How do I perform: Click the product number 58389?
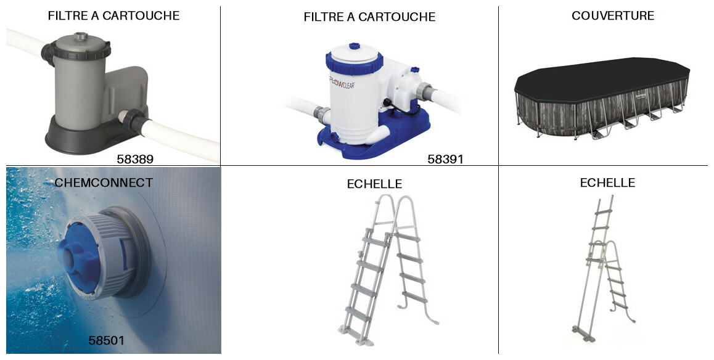pos(135,159)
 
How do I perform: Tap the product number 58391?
pos(445,159)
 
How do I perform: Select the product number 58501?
pos(107,340)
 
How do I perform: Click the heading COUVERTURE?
pos(613,15)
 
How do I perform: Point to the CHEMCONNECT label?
pos(104,182)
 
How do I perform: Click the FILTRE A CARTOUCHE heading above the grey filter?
pos(113,15)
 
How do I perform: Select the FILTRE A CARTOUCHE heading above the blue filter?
pos(369,17)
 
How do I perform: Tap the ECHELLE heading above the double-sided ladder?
pos(374,184)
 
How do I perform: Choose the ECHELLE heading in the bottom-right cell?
pos(607,182)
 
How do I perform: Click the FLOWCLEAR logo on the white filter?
pos(342,83)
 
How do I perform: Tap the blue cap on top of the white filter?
pos(355,46)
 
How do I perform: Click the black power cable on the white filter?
pos(400,109)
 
